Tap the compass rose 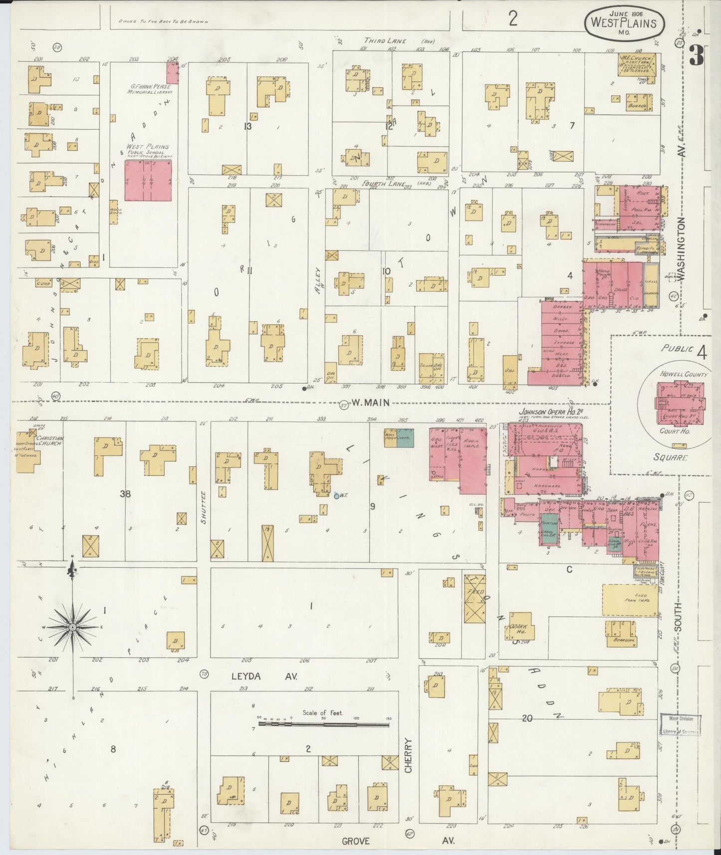point(73,627)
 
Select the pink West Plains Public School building point(148,180)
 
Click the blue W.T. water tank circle point(336,495)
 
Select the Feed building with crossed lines point(475,598)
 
